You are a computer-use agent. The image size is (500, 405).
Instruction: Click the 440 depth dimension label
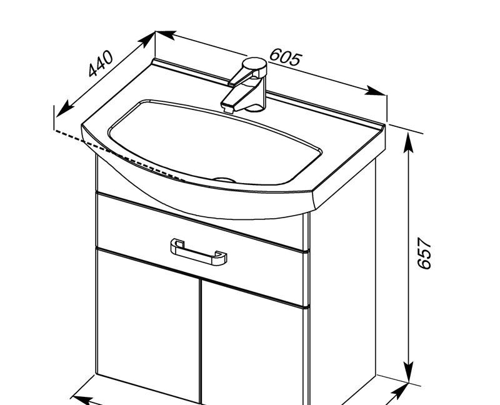click(101, 64)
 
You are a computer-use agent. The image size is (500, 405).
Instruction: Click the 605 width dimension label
click(286, 57)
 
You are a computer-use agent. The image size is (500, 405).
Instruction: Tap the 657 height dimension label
click(424, 253)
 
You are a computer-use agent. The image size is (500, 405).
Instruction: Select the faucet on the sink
click(246, 85)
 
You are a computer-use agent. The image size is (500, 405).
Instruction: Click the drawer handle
click(199, 252)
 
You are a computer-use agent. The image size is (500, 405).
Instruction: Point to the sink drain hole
click(224, 180)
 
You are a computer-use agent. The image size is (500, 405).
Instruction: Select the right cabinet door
click(254, 343)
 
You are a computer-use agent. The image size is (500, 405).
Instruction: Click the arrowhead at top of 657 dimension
click(409, 142)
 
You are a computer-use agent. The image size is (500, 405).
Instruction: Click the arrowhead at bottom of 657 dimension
click(409, 372)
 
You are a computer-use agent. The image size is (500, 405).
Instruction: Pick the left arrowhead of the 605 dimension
click(166, 34)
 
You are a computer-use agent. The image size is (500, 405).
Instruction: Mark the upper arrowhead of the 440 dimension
click(147, 39)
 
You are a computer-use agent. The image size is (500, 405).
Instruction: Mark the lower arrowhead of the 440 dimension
click(64, 108)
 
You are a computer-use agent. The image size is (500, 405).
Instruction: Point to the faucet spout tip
click(227, 107)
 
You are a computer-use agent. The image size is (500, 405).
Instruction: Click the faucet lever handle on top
click(254, 66)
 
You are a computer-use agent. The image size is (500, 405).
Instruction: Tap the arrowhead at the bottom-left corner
click(81, 399)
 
